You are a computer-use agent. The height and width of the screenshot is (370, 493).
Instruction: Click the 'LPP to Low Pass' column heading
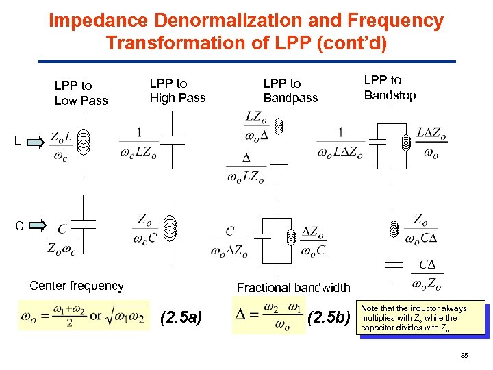tap(81, 92)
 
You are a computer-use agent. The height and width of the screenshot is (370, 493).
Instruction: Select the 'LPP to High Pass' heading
tap(177, 90)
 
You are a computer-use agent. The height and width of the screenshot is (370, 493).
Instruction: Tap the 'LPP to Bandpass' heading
tap(290, 90)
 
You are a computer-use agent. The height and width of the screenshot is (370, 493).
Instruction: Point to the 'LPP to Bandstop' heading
tap(390, 87)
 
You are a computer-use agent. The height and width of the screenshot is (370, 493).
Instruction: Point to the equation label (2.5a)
tap(180, 317)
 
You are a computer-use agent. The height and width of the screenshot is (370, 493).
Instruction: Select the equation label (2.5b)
tap(328, 317)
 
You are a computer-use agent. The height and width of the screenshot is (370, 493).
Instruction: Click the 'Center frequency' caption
tap(76, 286)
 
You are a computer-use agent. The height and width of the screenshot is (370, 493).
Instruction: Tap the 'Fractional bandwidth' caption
tap(293, 288)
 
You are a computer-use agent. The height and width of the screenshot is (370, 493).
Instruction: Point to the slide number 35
tap(464, 355)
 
